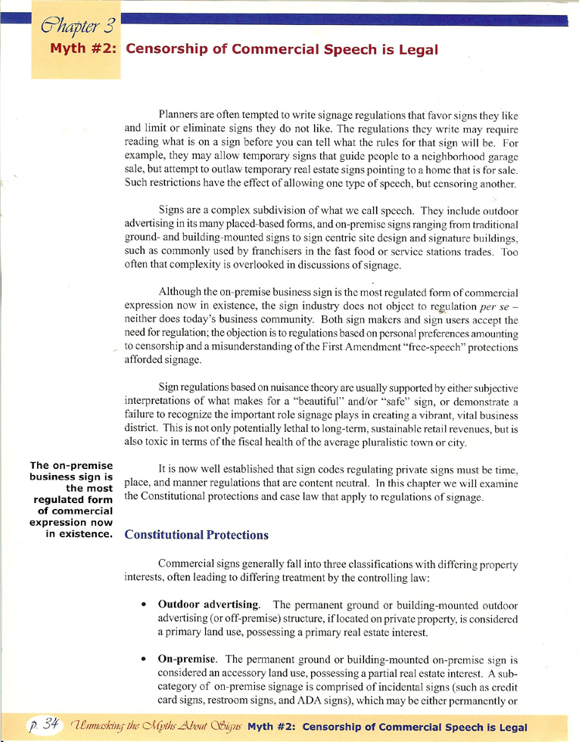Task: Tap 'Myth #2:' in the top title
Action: click(82, 50)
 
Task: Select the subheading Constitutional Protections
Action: click(196, 535)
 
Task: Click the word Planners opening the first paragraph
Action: click(180, 116)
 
